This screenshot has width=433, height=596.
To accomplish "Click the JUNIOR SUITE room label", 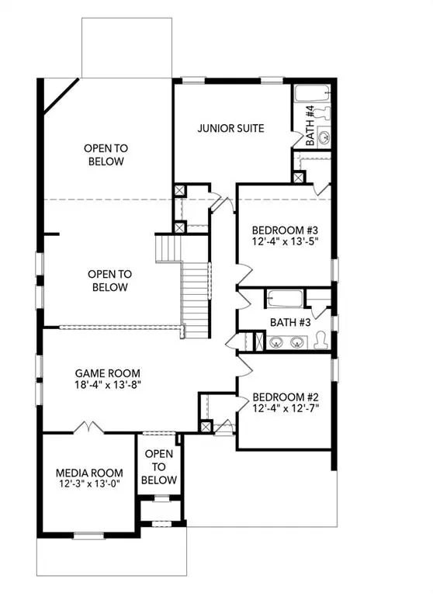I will tap(233, 129).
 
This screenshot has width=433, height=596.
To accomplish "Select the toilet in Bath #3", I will tap(322, 340).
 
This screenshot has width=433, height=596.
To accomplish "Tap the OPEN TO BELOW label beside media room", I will tap(159, 466).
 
